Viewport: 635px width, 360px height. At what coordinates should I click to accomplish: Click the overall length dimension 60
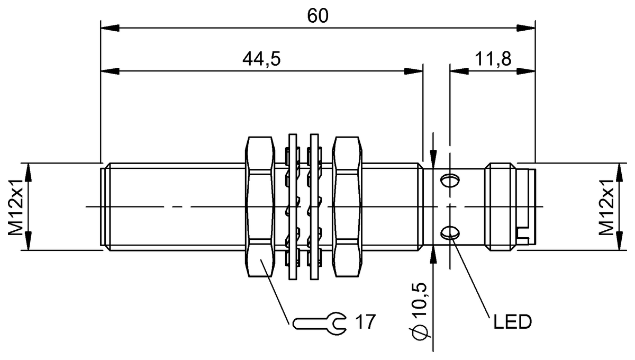click(317, 16)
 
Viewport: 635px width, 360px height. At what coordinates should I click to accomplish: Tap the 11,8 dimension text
click(493, 59)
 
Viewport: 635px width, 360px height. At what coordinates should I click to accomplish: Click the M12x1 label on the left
click(16, 206)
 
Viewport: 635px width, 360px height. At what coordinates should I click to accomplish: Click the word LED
click(512, 322)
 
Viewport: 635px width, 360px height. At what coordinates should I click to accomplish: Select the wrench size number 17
click(365, 321)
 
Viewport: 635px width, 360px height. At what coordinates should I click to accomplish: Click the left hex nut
click(261, 206)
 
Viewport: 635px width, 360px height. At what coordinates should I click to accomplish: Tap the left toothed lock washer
click(292, 206)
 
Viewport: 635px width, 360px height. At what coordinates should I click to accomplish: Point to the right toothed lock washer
click(313, 206)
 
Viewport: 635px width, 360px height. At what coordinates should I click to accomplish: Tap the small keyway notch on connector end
click(524, 235)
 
